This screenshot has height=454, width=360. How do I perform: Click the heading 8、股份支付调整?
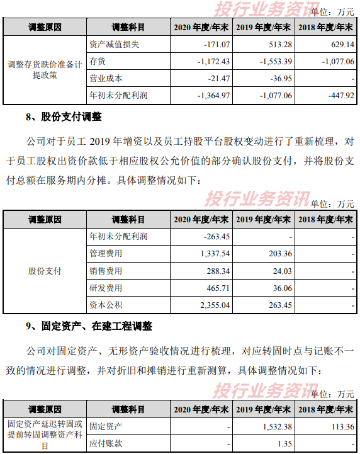63,117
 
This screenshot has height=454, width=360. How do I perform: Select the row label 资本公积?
106,305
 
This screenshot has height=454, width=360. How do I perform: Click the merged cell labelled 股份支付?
45,271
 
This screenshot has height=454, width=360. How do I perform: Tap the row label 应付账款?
106,443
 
